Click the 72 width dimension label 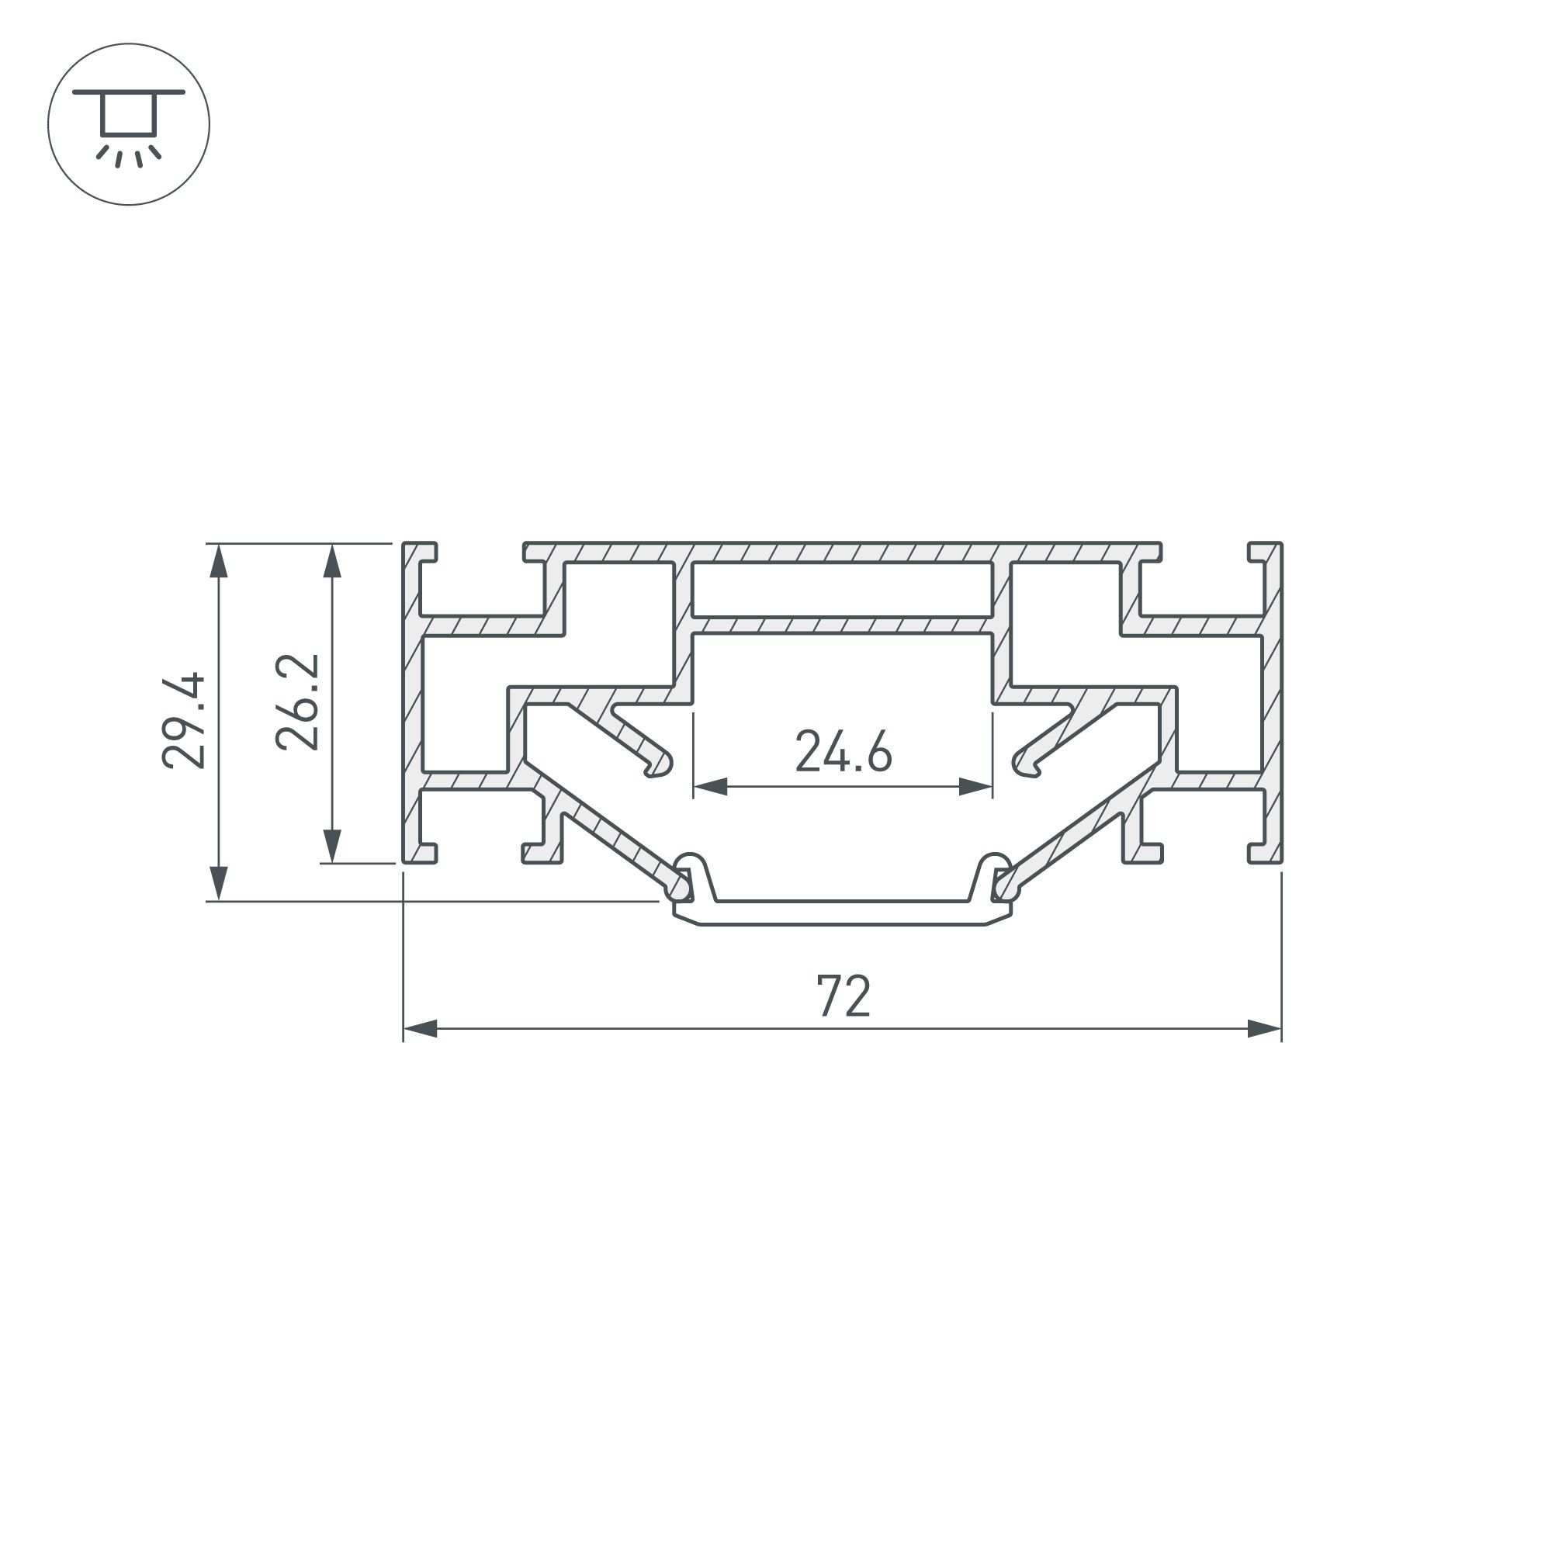click(844, 996)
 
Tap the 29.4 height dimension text click(185, 721)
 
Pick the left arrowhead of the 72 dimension click(419, 1029)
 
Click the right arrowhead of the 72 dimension click(1264, 1029)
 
